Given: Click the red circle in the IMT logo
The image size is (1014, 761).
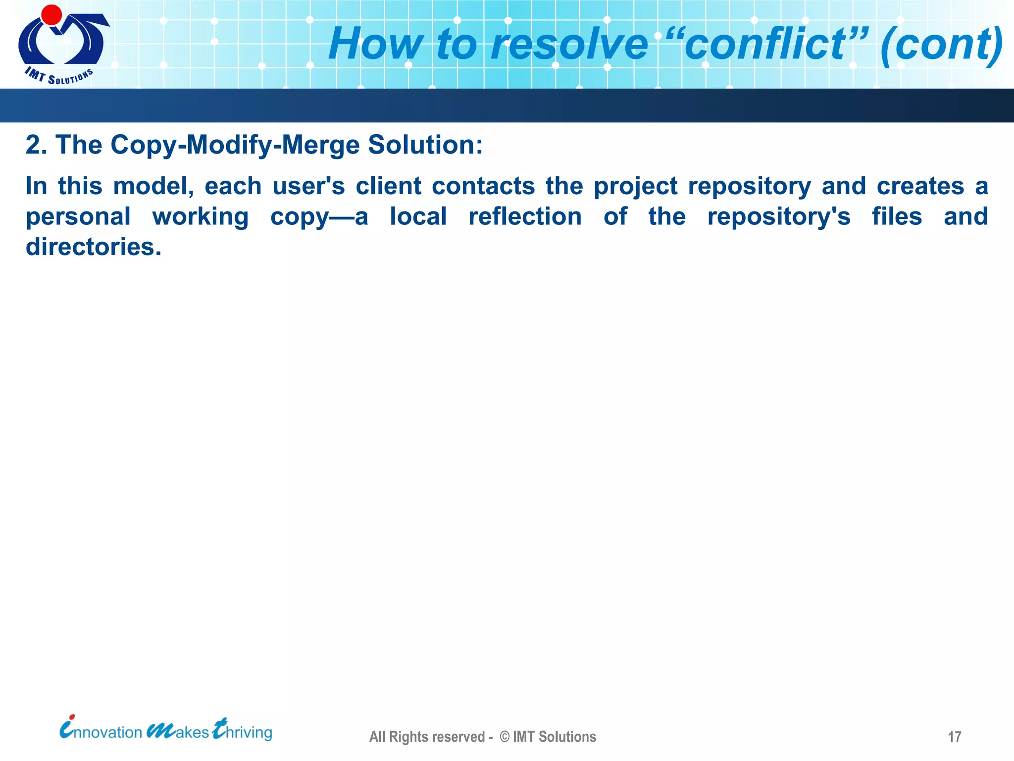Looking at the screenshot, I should (51, 15).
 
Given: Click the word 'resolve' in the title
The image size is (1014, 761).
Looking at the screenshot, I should (569, 45).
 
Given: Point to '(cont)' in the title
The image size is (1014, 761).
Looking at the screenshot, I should (941, 45).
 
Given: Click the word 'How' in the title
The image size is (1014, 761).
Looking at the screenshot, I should (376, 45).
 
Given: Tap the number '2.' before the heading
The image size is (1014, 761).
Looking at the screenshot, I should (36, 145).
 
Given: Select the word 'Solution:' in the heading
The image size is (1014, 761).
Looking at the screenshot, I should (425, 145).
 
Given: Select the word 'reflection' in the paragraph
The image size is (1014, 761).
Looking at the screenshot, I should (525, 217).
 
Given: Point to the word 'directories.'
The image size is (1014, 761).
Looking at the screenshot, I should (94, 247).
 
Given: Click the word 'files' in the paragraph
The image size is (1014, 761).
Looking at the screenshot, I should (897, 217).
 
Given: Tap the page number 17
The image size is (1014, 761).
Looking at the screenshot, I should (954, 737).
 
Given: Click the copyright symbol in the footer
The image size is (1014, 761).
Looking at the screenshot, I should (505, 737).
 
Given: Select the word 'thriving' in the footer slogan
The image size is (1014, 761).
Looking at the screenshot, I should (243, 732).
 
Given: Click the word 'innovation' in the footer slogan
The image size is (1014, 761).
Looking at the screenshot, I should (101, 732).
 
